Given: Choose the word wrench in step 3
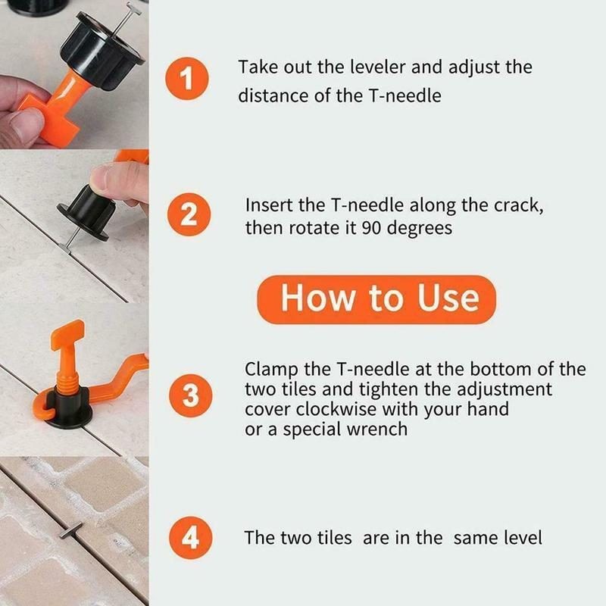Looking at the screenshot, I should [x=376, y=429].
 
